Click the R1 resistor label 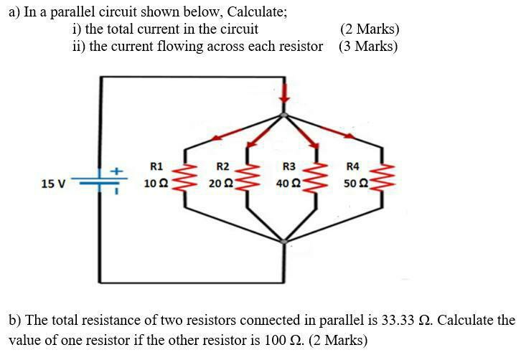(156, 167)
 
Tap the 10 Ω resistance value (156, 184)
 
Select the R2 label (222, 167)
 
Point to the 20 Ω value (219, 184)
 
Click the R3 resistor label (289, 167)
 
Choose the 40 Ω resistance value (288, 184)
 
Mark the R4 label (352, 167)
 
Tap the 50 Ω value (355, 184)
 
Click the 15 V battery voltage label (53, 184)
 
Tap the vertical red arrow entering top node (285, 92)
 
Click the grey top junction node (285, 114)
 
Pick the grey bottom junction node (285, 242)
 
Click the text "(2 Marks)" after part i (370, 29)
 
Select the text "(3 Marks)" (368, 47)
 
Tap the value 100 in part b (276, 339)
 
